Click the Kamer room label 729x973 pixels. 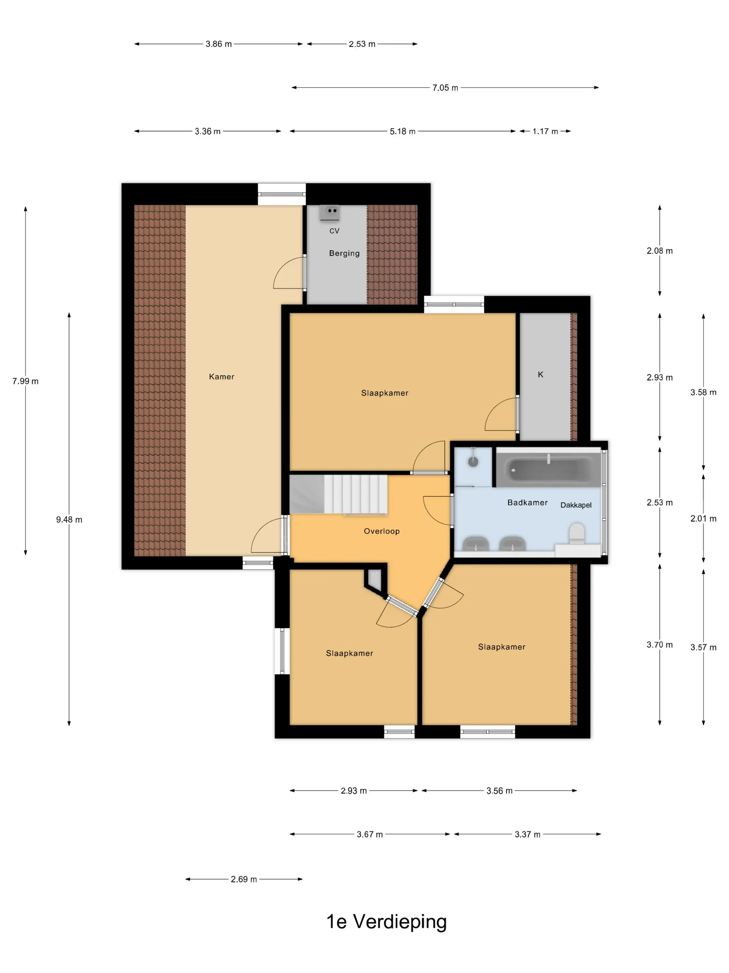pos(221,377)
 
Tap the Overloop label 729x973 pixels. pos(382,531)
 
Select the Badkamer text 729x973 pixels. pos(527,502)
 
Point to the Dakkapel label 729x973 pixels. pos(576,505)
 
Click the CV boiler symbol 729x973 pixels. pos(329,212)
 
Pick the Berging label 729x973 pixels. pos(344,253)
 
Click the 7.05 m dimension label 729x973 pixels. pos(445,88)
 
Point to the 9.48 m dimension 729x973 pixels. pos(69,520)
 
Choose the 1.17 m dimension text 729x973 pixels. pos(545,131)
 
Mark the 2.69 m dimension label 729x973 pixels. pos(244,879)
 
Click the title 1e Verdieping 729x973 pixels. pos(386,922)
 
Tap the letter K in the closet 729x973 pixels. pos(541,374)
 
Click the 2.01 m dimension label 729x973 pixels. pos(703,518)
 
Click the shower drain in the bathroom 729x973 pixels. pos(473,461)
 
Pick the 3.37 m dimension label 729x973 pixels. pos(527,834)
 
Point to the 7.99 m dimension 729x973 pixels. pos(25,381)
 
